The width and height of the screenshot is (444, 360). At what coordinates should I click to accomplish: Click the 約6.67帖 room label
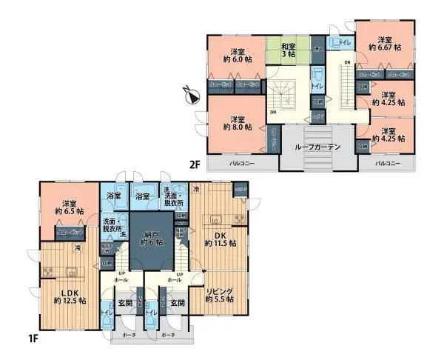click(384, 44)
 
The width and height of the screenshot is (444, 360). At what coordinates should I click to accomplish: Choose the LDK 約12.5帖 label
click(70, 296)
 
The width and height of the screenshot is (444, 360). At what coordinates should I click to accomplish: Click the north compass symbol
click(192, 96)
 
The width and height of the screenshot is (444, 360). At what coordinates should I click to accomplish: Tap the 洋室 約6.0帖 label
click(237, 57)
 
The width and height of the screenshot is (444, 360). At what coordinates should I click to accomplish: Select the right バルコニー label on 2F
click(386, 162)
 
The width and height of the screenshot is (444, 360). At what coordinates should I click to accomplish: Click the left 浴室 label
click(114, 197)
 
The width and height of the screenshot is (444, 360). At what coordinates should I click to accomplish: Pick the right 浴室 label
click(143, 197)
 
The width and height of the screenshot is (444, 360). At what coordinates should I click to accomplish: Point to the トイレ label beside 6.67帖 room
click(344, 43)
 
